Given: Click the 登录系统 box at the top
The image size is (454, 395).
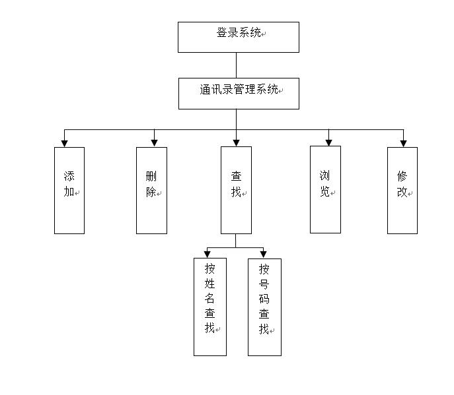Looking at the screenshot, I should pos(238,37).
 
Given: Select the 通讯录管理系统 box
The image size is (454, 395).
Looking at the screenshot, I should pos(239,94).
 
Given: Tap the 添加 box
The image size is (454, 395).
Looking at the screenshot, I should pos(69,190).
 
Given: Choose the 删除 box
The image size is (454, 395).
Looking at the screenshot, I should pos(151,190).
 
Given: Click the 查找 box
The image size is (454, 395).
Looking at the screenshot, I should pos(236,190).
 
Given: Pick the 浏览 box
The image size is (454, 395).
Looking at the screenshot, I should pos(325,190).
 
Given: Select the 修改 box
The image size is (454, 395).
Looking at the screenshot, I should pos(402,190).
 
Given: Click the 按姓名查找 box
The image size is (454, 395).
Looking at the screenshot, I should pos(209,307).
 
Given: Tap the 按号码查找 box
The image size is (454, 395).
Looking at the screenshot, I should pos(264,307).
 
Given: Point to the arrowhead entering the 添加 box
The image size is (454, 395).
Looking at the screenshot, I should pos(64,142).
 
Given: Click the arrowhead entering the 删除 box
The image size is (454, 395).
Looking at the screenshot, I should pos(154,142).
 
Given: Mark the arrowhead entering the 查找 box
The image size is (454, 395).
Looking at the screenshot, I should pos(236,142).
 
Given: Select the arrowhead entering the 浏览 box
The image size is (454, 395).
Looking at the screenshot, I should pos(328,142).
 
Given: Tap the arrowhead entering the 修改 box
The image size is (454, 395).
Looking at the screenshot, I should pos(403,142).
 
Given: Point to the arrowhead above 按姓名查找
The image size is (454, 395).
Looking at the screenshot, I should pos(208,254).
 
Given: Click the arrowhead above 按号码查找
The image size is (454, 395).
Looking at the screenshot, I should pos(263,254).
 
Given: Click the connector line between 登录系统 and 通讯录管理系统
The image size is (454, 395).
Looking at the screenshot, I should pos(236,65).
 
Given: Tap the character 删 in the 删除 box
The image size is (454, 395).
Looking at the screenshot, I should pos(151,177).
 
